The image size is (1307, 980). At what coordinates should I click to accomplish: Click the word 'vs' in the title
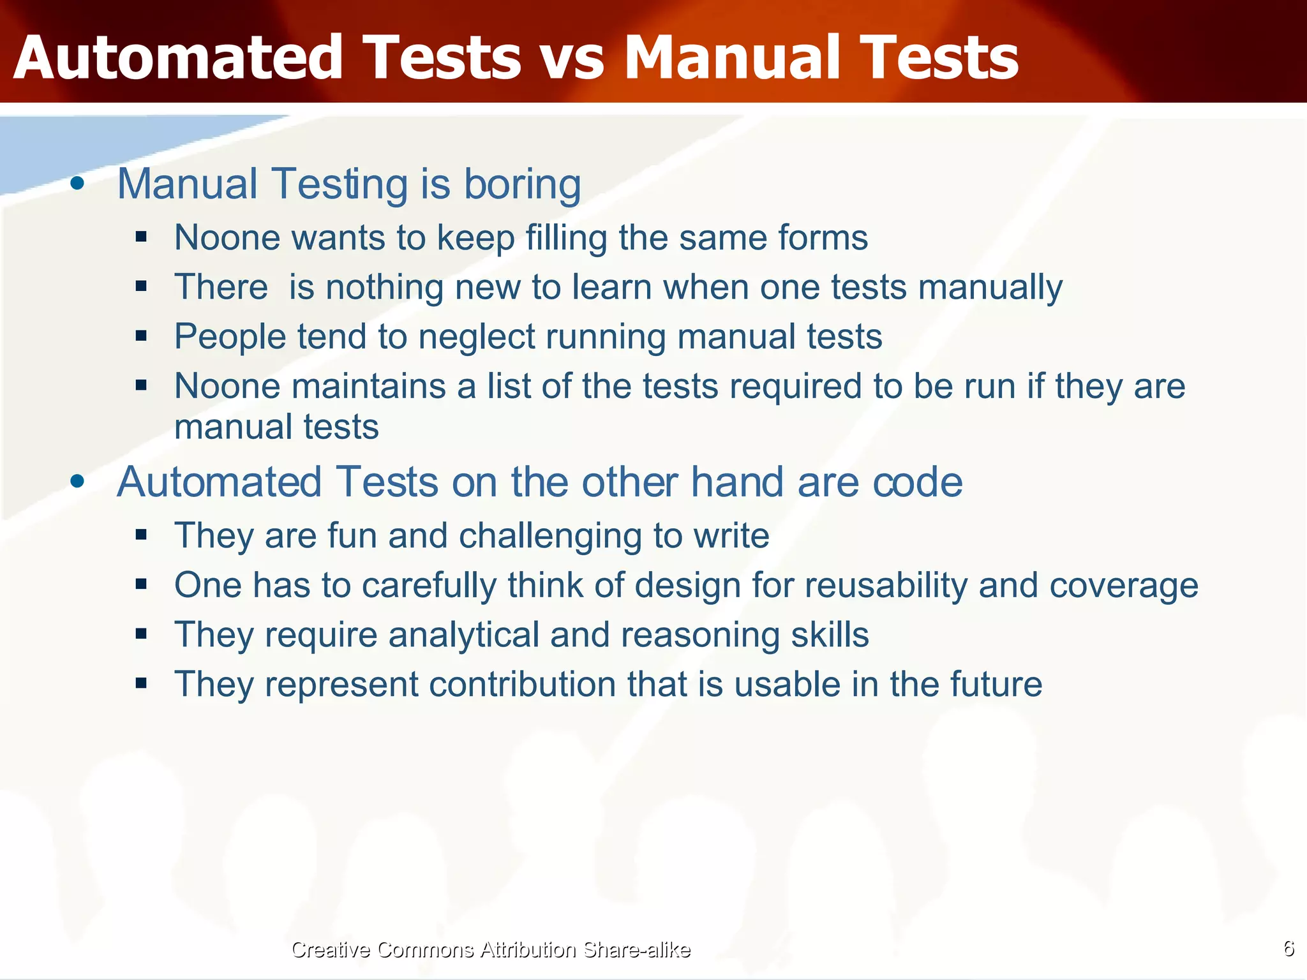point(571,59)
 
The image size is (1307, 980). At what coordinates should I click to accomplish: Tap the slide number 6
point(1288,949)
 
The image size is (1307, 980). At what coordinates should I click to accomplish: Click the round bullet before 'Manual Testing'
point(77,184)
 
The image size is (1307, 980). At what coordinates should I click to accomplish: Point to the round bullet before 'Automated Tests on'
point(77,482)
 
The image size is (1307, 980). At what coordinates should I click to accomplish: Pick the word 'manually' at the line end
point(990,288)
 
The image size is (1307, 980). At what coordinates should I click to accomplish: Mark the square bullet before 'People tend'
point(141,336)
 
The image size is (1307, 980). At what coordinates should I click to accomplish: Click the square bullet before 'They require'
point(141,634)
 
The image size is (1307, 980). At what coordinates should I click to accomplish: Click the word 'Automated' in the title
point(179,59)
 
